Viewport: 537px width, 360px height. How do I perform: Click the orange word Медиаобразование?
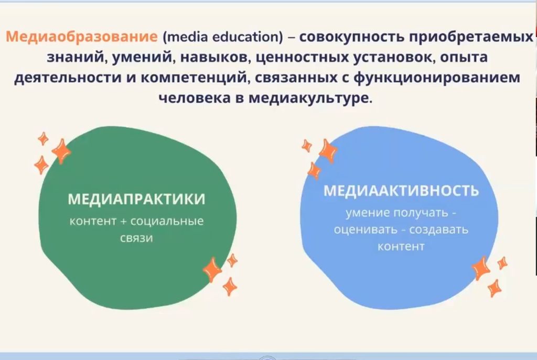coord(81,38)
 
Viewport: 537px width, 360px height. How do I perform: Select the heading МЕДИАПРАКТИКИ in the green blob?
coord(136,200)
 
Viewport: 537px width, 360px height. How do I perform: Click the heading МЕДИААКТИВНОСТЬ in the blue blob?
coord(401,191)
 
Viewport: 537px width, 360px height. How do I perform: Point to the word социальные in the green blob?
coord(167,221)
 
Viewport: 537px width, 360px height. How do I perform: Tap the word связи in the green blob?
coord(136,238)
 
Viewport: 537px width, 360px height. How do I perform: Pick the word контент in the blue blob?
coord(401,246)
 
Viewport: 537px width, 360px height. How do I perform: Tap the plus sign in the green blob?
coord(124,221)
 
